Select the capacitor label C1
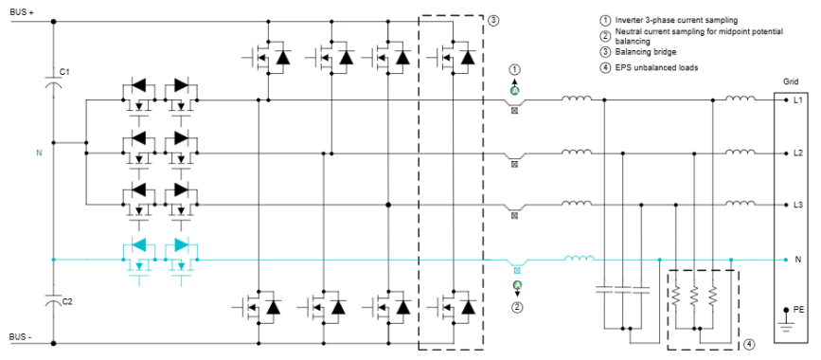(x=64, y=72)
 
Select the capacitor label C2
(x=65, y=301)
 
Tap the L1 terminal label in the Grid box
(x=798, y=99)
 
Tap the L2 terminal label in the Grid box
(x=798, y=153)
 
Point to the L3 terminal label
(x=798, y=206)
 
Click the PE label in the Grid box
(x=799, y=309)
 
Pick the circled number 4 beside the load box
(x=747, y=342)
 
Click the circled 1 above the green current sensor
(x=516, y=69)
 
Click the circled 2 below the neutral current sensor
(x=517, y=307)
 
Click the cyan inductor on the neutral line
(x=580, y=257)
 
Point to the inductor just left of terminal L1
(x=741, y=98)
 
